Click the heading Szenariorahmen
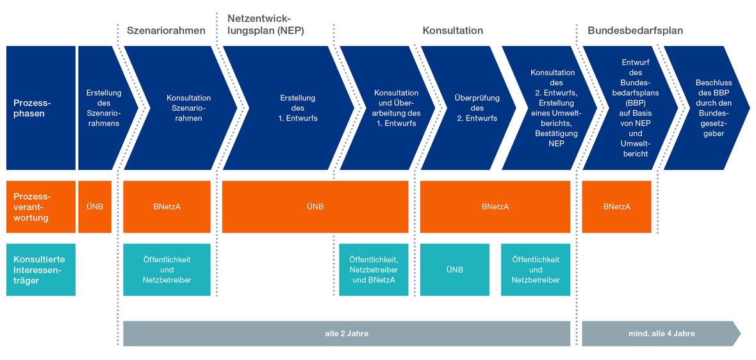coord(166,30)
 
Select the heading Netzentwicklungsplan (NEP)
coord(266,24)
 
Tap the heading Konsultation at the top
coord(453,30)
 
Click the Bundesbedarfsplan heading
coord(635,30)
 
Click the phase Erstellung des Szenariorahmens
coord(104,108)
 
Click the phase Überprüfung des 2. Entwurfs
coord(470,108)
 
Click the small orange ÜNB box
coord(95,207)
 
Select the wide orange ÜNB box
coord(315,207)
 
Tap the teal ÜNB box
coord(455,270)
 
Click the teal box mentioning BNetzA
coord(374,270)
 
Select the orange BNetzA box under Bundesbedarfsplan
coord(617,207)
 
